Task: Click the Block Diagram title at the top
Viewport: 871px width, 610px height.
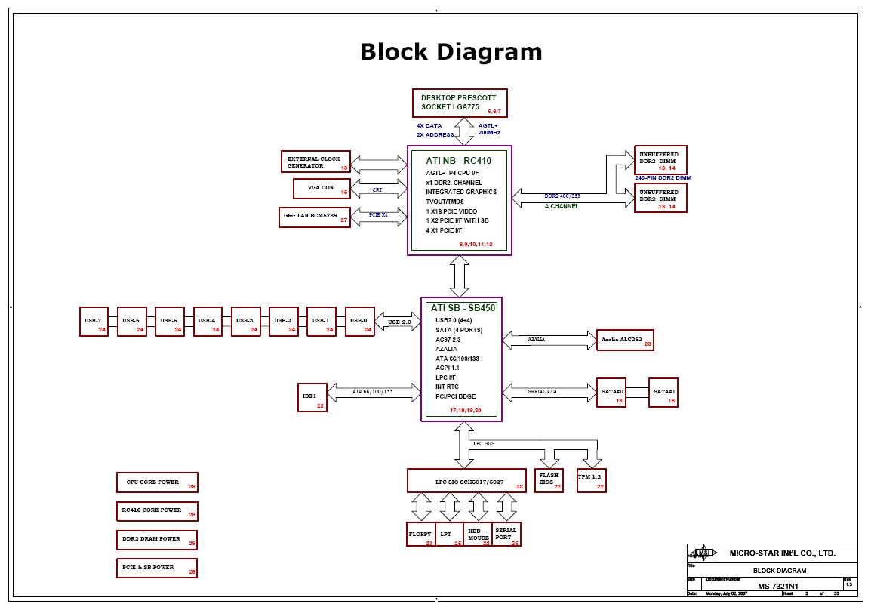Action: pos(451,52)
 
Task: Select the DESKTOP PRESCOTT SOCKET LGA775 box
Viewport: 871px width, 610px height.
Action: pos(460,103)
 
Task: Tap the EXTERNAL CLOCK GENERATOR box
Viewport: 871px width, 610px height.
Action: pos(315,162)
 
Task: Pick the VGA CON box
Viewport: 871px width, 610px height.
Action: pos(323,188)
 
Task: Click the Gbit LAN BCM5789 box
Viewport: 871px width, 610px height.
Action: pos(315,217)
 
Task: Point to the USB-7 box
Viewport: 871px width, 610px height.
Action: pos(94,322)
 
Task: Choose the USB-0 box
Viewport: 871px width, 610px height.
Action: pos(359,322)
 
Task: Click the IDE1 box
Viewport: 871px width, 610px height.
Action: pos(312,397)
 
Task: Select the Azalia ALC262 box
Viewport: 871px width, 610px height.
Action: pos(624,340)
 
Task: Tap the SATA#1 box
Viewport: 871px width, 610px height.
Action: pos(663,393)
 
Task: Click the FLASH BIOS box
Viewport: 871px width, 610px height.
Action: pos(549,480)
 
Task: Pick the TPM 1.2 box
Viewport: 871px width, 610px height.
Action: pos(591,480)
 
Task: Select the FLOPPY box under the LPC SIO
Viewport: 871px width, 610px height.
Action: pos(420,534)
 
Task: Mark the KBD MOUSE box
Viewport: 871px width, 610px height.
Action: pos(477,534)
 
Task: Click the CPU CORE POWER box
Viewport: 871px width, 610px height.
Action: pos(157,483)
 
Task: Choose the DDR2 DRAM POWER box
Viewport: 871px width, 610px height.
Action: pos(157,540)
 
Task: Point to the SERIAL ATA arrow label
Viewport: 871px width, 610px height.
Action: pos(541,391)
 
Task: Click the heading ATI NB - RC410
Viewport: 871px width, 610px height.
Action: pos(458,160)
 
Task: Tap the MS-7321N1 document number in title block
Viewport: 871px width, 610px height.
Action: pos(777,587)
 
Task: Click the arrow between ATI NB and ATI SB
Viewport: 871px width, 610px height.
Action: pos(460,276)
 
